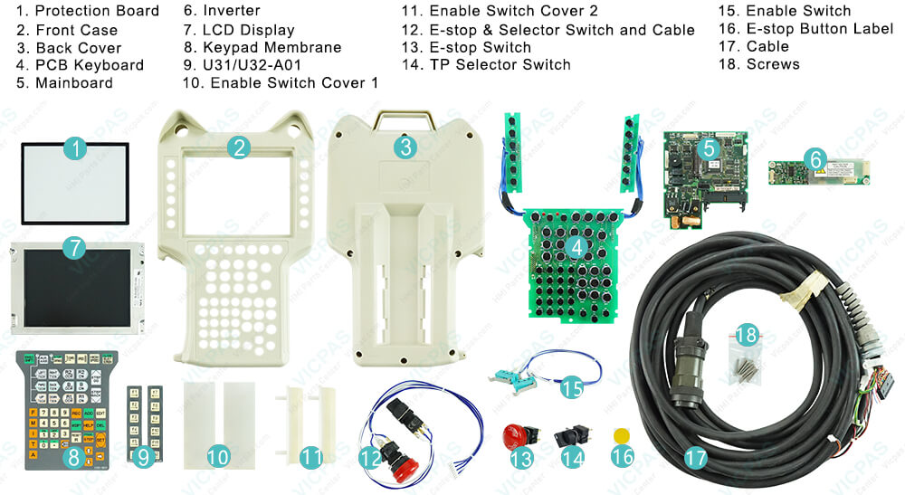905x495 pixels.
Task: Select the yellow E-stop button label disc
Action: click(620, 435)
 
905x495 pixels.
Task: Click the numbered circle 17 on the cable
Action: click(695, 458)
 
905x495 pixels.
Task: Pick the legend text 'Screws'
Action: click(773, 64)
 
